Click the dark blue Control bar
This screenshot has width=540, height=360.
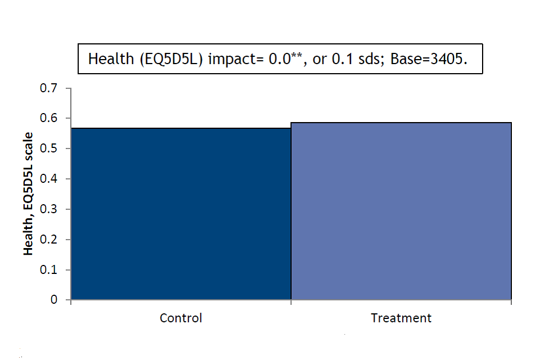pos(181,214)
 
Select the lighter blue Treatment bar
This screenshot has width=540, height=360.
pos(401,211)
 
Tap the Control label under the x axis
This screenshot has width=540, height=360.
pos(181,318)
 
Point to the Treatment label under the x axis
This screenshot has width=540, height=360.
pos(401,318)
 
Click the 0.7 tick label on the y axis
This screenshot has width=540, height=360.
pos(48,88)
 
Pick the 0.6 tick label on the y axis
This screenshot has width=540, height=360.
pos(48,118)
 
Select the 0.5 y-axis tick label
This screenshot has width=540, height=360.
pos(48,148)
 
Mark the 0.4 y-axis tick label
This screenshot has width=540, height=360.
pos(48,179)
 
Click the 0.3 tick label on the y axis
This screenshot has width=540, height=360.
pos(48,209)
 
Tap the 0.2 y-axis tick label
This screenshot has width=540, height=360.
pos(48,240)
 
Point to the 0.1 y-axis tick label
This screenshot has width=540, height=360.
pos(48,270)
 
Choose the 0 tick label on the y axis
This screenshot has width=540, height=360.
pos(54,300)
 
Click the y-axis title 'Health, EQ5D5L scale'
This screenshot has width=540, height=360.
pos(28,194)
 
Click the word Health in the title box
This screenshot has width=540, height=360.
pos(111,59)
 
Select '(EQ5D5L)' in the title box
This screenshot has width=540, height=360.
pos(171,59)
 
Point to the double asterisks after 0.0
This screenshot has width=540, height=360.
pos(297,55)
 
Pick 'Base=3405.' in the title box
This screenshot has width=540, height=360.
pos(429,59)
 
